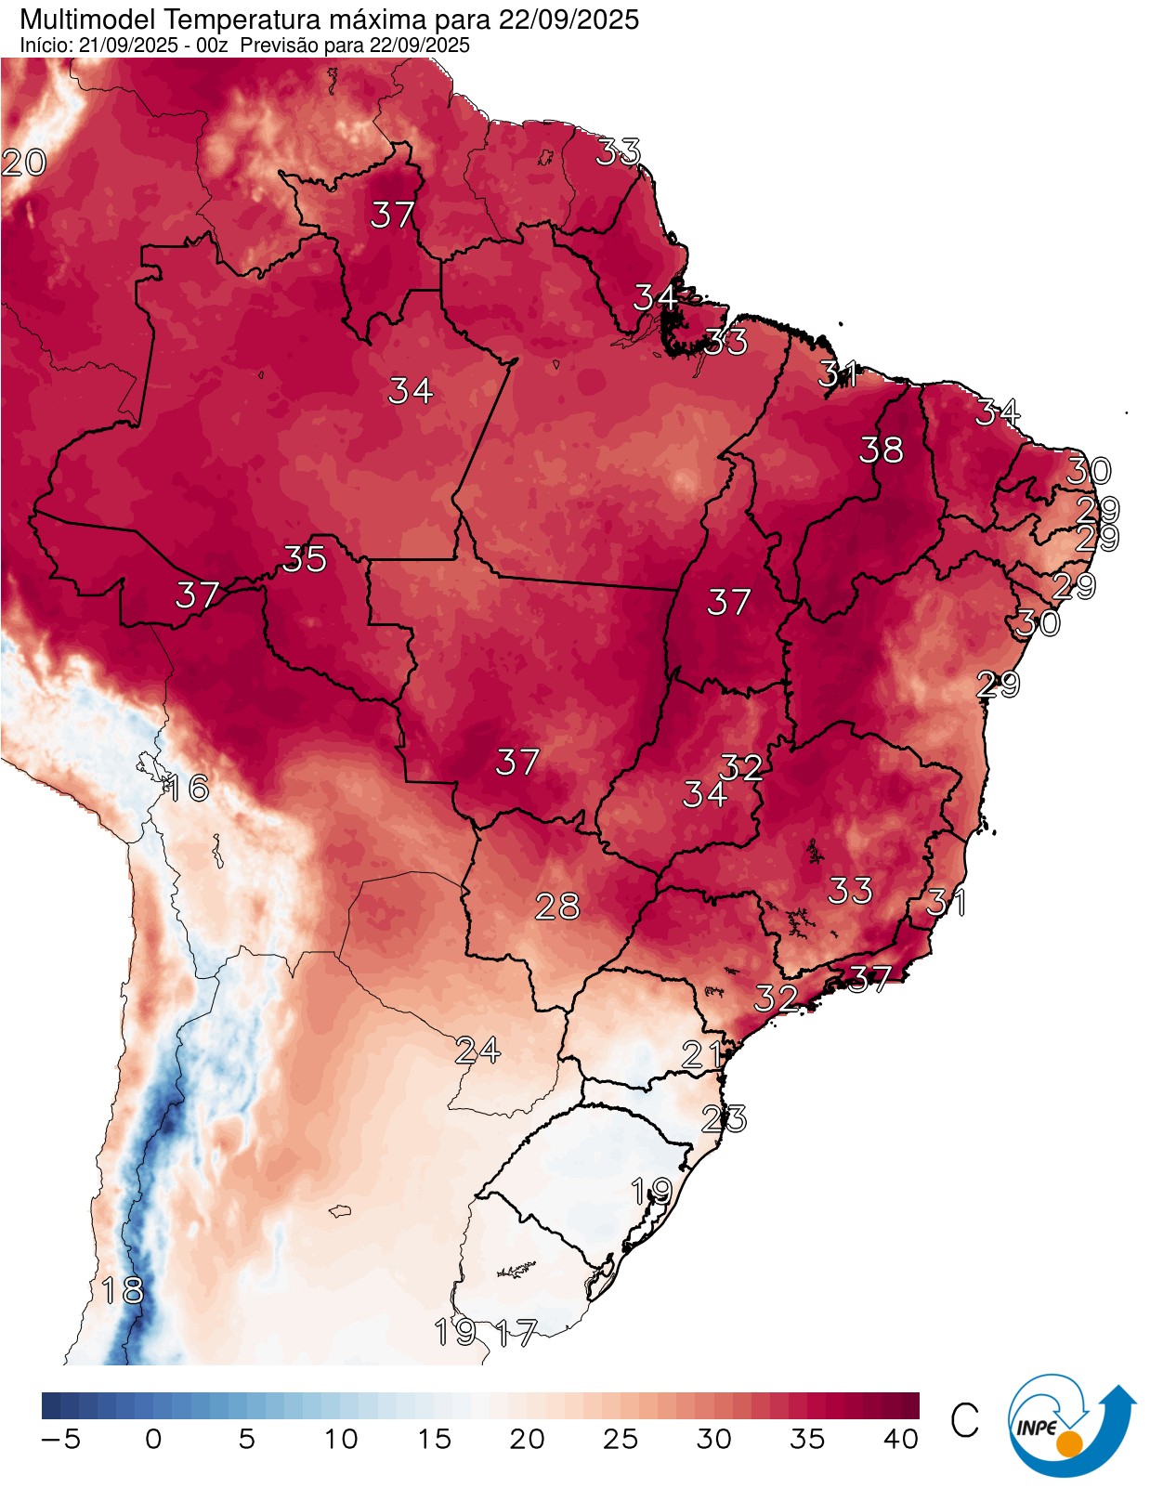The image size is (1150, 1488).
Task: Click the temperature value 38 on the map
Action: click(x=881, y=450)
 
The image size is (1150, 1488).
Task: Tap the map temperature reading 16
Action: click(x=186, y=788)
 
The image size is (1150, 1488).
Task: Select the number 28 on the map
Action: click(x=557, y=906)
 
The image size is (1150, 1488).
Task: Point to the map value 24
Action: click(x=478, y=1051)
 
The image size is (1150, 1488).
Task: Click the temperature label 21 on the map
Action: click(x=702, y=1054)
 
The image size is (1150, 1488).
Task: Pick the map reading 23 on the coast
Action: click(x=724, y=1119)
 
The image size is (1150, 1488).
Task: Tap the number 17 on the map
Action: click(x=516, y=1334)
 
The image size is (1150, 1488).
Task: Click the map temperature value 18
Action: click(x=123, y=1290)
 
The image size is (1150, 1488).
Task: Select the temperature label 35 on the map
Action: click(x=305, y=558)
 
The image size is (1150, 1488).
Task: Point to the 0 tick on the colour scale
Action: click(x=153, y=1440)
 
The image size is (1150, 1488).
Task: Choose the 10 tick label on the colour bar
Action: click(x=341, y=1440)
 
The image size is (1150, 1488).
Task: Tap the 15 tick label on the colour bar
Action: click(x=434, y=1440)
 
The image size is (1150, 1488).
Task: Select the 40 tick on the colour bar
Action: click(x=900, y=1440)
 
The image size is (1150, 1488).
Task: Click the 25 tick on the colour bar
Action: click(x=620, y=1440)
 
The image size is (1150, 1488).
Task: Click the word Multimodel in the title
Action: click(x=80, y=20)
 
